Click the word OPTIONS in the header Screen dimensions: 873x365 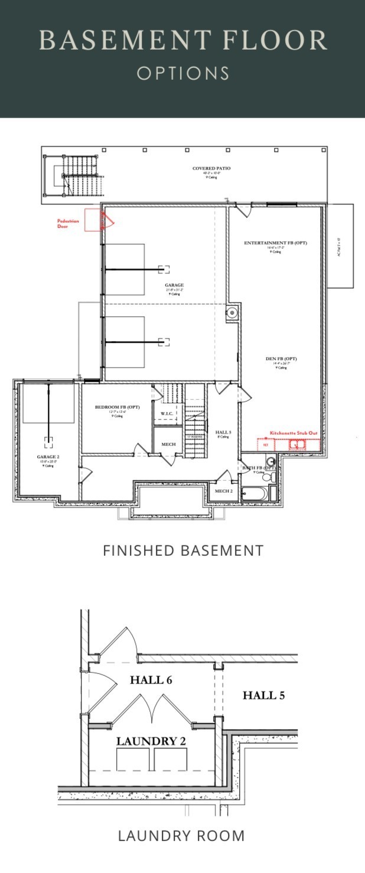coord(182,73)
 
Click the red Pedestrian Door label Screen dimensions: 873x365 coord(67,223)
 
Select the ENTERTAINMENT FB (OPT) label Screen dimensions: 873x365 coord(276,243)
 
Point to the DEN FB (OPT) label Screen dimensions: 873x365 coord(281,359)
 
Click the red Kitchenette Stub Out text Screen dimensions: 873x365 coord(294,433)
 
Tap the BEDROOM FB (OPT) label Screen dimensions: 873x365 coord(117,408)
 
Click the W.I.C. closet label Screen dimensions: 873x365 coord(167,413)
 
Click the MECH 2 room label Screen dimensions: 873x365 coord(223,491)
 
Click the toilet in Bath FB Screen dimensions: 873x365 coord(268,476)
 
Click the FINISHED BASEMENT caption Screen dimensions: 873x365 coord(182,550)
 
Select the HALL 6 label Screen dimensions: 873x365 coord(151,680)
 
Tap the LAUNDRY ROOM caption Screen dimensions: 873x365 coord(181,836)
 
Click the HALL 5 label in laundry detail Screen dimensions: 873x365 coord(263,695)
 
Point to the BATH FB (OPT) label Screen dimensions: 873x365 coord(252,468)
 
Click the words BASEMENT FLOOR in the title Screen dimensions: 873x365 coord(182,40)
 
